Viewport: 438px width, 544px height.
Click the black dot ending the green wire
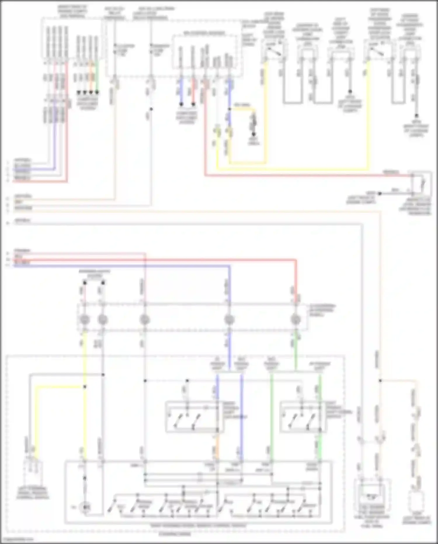tap(97, 92)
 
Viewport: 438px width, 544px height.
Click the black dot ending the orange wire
tap(91, 92)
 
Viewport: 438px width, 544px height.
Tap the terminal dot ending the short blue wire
tap(181, 104)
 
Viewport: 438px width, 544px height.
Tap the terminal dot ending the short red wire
tap(193, 104)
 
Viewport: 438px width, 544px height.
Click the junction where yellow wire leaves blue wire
tap(230, 109)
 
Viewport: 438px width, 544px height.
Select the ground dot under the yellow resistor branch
tap(253, 134)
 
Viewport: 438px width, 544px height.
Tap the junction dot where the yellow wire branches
tap(85, 387)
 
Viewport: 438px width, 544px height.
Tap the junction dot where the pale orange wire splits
tap(380, 381)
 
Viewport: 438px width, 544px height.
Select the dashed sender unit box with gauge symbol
tap(372, 494)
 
